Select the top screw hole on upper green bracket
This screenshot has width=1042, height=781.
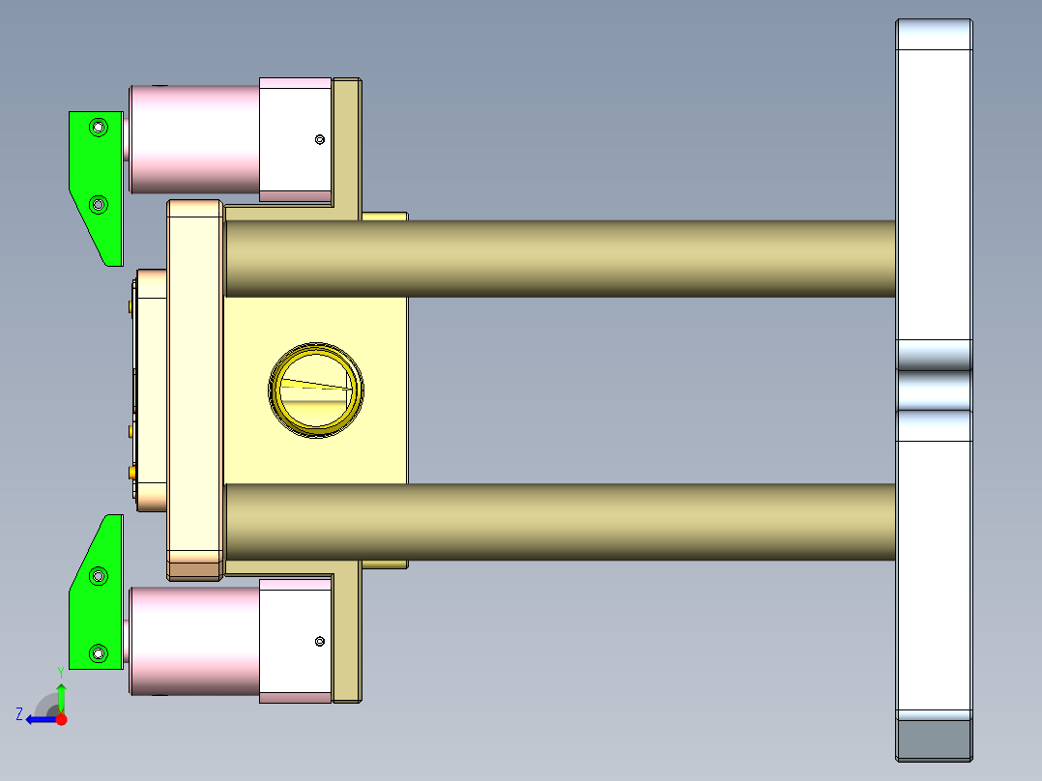point(97,127)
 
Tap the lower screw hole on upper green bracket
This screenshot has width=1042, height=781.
point(97,204)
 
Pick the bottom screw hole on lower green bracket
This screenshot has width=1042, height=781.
point(97,654)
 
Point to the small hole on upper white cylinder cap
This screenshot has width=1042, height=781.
point(321,140)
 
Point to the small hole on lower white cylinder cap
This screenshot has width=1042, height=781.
point(320,640)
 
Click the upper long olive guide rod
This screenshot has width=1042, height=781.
point(561,258)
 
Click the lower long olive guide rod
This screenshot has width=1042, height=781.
point(561,522)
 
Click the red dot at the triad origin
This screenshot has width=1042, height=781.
point(61,719)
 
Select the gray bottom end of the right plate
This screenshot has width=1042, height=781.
point(934,739)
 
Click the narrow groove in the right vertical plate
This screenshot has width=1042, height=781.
point(934,390)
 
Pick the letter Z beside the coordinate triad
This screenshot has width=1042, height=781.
point(19,714)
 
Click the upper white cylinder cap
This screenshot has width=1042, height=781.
point(296,138)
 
